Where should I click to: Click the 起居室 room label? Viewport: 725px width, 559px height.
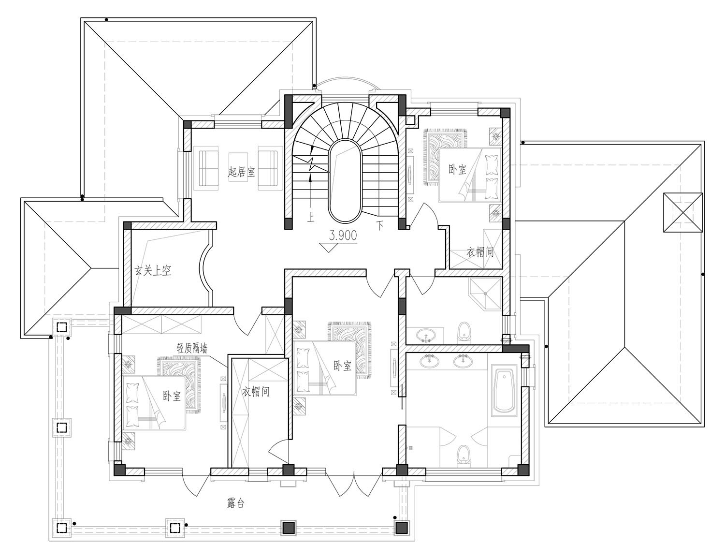242,172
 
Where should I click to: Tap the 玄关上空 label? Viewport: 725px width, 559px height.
153,270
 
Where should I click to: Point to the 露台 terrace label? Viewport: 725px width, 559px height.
236,503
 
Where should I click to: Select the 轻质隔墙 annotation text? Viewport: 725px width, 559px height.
192,349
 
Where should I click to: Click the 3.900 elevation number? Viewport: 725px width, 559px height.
343,235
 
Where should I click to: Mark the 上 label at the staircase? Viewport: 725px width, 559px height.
311,218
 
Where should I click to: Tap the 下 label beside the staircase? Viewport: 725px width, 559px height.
380,226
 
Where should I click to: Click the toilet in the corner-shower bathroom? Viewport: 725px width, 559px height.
464,333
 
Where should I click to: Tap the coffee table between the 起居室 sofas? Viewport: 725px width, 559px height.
238,167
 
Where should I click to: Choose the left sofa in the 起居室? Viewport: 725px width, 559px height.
208,168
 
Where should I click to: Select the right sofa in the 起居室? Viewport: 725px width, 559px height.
268,168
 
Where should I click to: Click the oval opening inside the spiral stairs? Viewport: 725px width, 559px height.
345,181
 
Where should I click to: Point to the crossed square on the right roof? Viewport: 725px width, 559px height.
682,212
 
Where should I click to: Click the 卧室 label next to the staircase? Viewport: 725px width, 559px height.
457,170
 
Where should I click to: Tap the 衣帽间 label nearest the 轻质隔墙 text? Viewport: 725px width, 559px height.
256,391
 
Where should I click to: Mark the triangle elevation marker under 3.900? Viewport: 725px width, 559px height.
329,247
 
